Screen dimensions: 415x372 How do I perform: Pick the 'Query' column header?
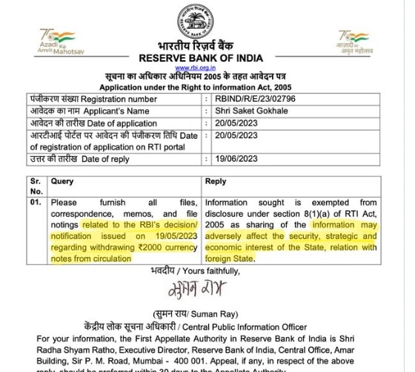(63, 181)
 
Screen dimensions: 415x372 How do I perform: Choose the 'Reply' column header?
(216, 181)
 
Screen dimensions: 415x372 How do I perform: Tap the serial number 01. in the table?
(35, 201)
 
